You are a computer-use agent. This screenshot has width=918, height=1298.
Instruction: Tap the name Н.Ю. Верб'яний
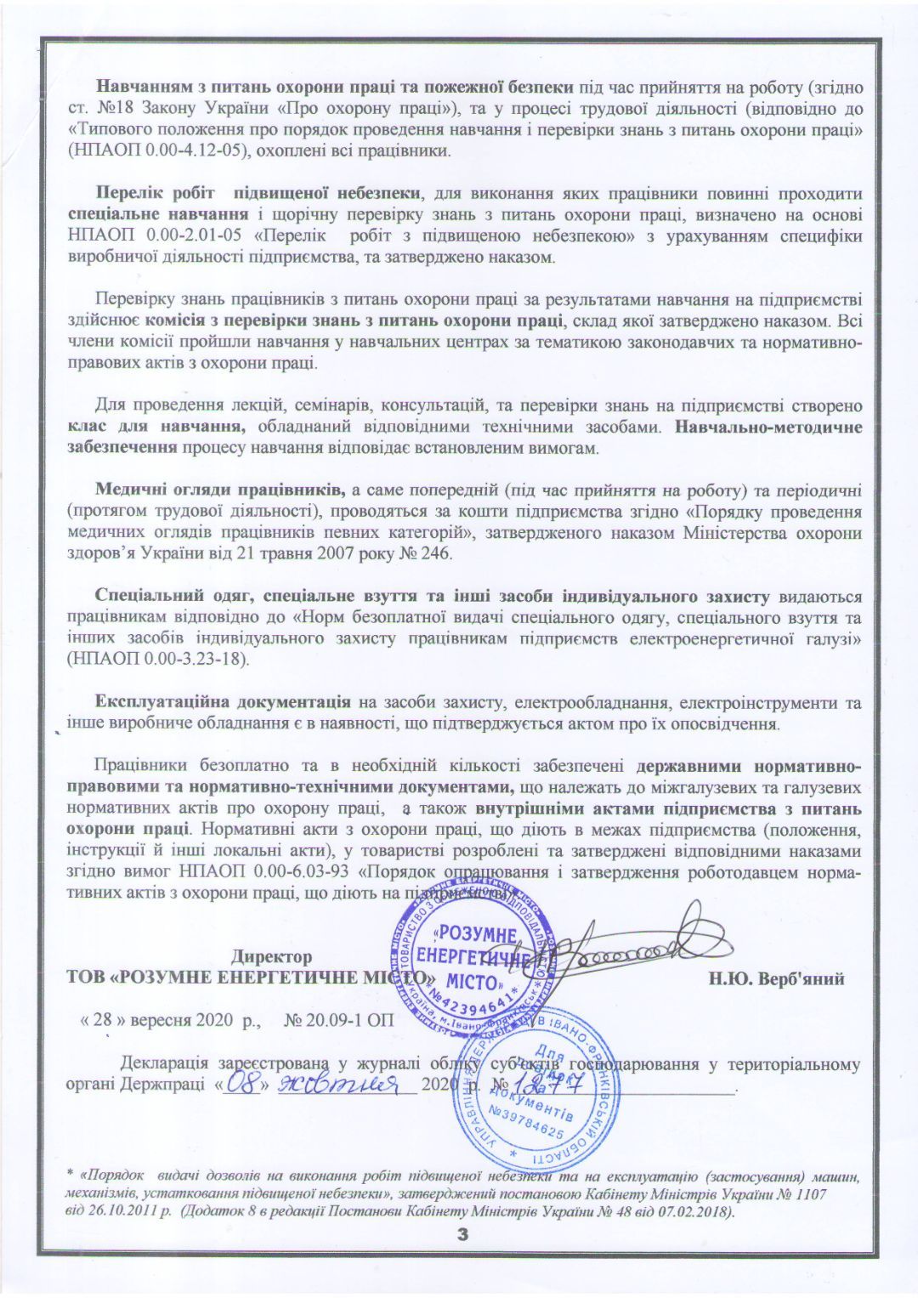776,978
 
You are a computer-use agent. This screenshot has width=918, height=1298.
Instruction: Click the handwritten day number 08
243,1085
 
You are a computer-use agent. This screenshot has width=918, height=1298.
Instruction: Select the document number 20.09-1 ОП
342,1020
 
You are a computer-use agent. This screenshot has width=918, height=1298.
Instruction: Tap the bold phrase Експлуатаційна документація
223,702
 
